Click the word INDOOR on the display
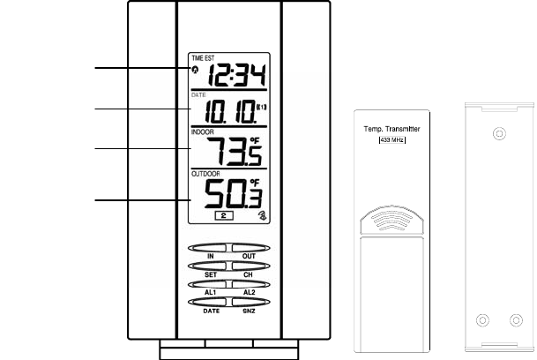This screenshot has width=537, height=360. point(204,132)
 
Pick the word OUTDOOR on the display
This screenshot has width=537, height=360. point(207,173)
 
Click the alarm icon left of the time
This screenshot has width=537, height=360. point(195,71)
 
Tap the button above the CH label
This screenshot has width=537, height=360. point(249,265)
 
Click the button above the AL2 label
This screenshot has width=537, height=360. point(249,282)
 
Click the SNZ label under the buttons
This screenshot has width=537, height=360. point(249,311)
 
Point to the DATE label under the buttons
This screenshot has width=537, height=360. point(212,311)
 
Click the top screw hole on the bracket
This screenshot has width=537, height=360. point(499,135)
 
